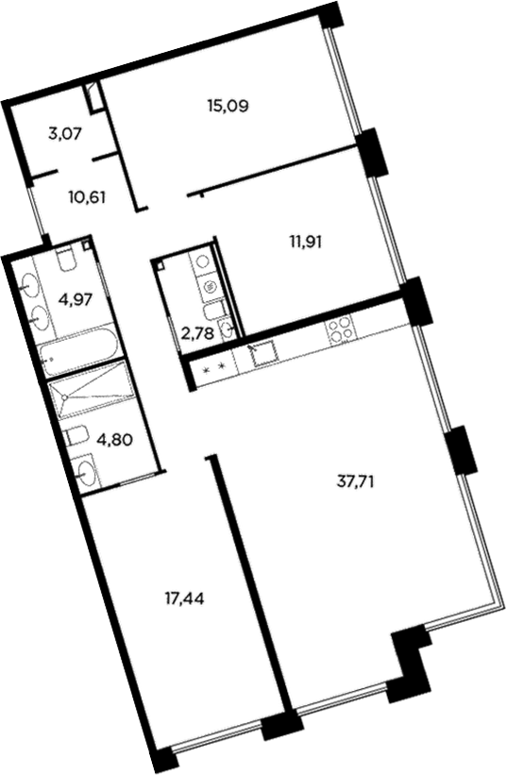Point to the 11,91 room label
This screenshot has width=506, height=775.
307,241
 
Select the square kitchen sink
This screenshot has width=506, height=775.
262,354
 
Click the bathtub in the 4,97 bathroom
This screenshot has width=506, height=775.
80,355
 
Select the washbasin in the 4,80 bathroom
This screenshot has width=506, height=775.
88,472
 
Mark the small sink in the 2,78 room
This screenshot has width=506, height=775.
227,329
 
